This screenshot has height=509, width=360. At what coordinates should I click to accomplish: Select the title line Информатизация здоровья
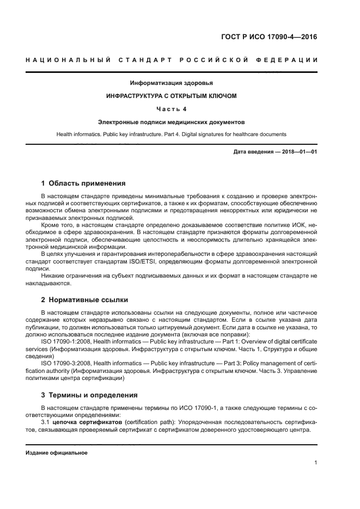[x=171, y=83]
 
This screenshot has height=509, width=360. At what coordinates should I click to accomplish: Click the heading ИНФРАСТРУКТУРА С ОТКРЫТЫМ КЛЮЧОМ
[x=171, y=96]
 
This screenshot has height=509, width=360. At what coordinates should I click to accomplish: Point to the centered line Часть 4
[x=171, y=109]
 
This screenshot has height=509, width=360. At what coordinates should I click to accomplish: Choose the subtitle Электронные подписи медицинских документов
[x=171, y=122]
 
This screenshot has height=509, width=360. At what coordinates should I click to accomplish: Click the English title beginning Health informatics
[x=171, y=134]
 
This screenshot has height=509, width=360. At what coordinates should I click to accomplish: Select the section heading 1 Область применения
[x=83, y=183]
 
